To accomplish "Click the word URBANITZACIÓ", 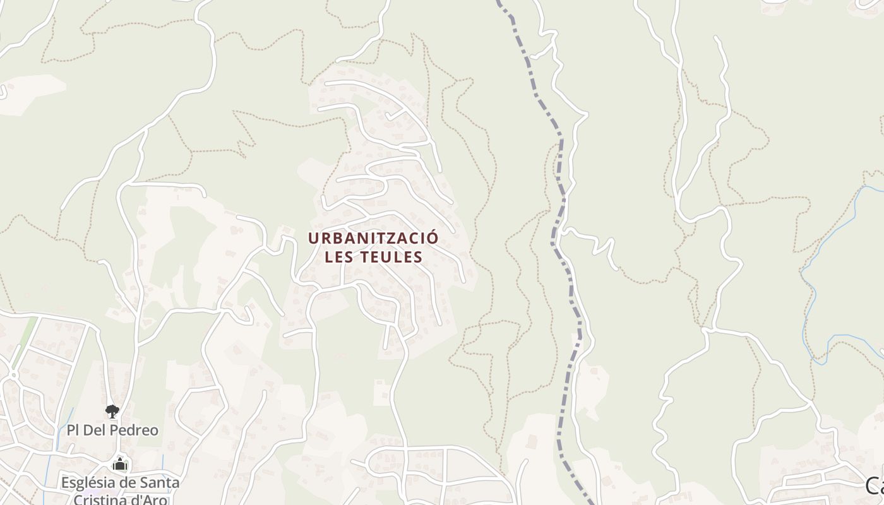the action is point(373,238).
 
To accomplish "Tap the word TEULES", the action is point(391,257).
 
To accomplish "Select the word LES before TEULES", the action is point(340,257).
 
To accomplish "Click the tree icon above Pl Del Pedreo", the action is point(112,412).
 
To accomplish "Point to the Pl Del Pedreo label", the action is point(112,431).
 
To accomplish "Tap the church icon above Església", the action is point(119,465).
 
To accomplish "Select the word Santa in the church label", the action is point(161,483).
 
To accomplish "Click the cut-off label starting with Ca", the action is point(875,485).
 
